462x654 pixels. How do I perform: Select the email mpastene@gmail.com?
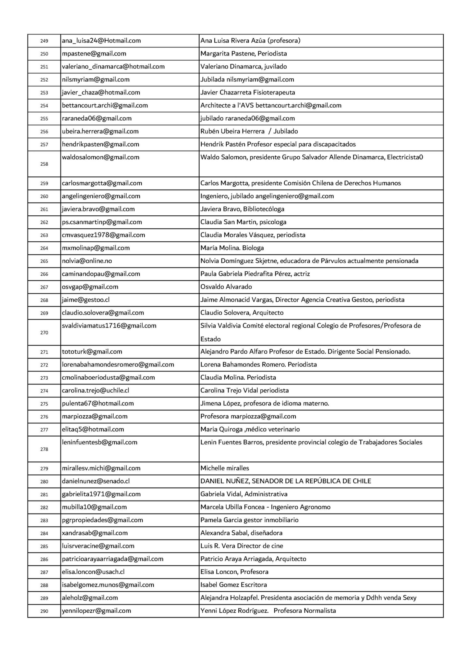click(94, 54)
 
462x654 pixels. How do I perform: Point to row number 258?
click(44, 164)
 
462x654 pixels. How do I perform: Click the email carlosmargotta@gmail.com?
click(102, 183)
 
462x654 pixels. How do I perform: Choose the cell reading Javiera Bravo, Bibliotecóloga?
click(242, 209)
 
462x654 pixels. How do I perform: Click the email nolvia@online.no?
click(87, 261)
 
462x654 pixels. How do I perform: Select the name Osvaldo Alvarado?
click(226, 287)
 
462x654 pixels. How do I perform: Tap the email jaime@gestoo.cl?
click(86, 300)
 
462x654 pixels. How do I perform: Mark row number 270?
click(44, 333)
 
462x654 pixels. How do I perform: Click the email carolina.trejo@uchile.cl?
click(95, 391)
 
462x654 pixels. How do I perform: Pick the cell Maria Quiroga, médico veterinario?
click(250, 429)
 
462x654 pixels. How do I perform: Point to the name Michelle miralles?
click(225, 468)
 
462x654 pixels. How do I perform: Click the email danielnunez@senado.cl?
click(96, 481)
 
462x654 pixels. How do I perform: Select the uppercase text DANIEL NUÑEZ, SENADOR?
click(286, 481)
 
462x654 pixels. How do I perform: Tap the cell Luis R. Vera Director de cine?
click(242, 546)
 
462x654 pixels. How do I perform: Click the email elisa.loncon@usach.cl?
click(93, 572)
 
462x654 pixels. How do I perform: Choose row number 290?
click(44, 611)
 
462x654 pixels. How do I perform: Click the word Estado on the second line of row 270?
click(210, 339)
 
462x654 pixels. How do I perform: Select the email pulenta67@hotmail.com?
click(98, 403)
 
